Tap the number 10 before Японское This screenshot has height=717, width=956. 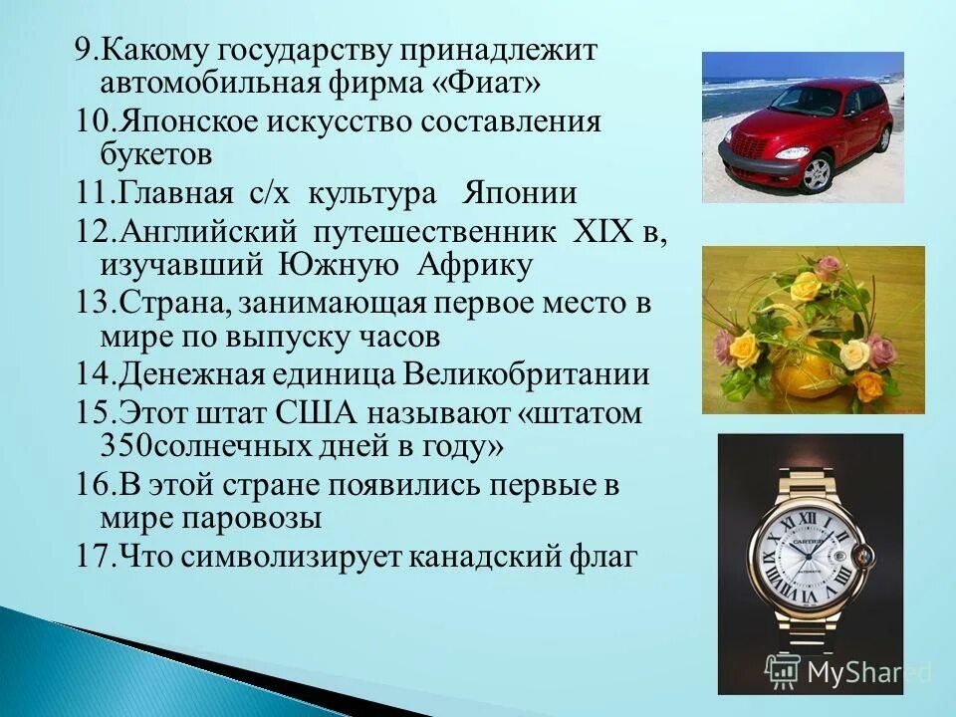point(94,121)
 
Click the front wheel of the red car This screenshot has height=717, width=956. point(817,172)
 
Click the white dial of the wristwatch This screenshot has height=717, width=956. point(807,563)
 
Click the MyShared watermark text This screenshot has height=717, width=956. point(869,672)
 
